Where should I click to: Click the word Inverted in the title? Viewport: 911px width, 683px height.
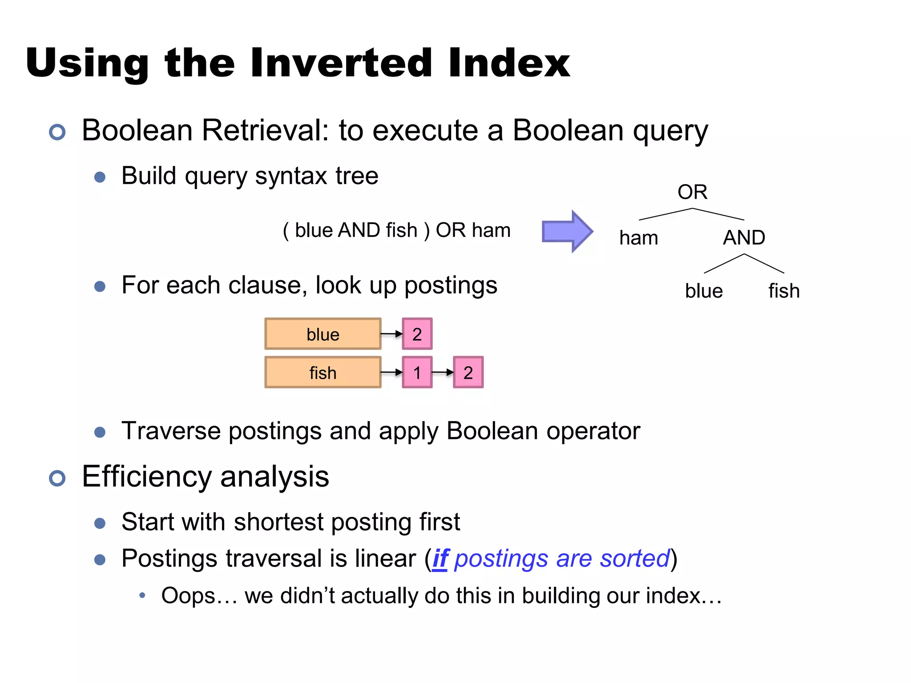(341, 63)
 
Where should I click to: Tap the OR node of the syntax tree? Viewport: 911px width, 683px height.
(692, 192)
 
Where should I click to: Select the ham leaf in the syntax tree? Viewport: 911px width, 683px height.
(638, 238)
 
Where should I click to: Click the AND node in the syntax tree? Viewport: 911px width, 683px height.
(744, 237)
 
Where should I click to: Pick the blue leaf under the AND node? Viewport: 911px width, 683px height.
(704, 291)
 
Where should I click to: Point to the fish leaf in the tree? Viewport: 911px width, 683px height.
(784, 291)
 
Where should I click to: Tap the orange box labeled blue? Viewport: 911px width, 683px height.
(323, 334)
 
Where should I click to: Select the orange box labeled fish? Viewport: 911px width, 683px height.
(323, 372)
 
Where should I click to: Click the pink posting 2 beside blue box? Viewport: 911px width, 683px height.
(417, 334)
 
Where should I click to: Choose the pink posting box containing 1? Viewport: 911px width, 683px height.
(417, 372)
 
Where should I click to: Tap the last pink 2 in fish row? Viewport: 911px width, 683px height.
(468, 372)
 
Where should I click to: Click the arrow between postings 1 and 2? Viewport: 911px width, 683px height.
(443, 372)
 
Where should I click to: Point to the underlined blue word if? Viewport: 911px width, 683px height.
(440, 559)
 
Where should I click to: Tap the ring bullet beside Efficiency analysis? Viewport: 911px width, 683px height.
(57, 478)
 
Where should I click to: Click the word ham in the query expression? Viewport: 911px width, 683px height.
(491, 230)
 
